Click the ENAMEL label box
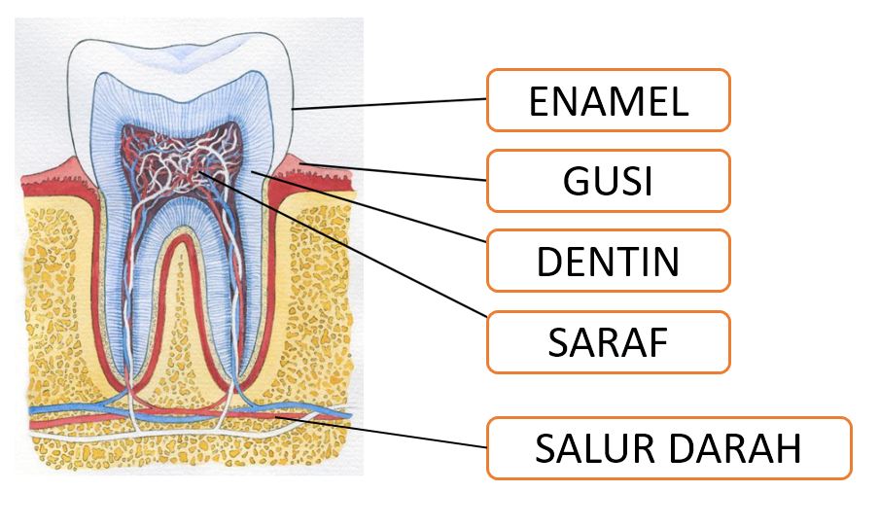point(608,100)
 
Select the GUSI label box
point(608,181)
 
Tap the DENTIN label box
point(608,261)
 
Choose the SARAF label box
point(608,342)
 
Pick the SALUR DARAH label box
point(668,448)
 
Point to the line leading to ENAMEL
point(389,104)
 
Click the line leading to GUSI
point(408,173)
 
